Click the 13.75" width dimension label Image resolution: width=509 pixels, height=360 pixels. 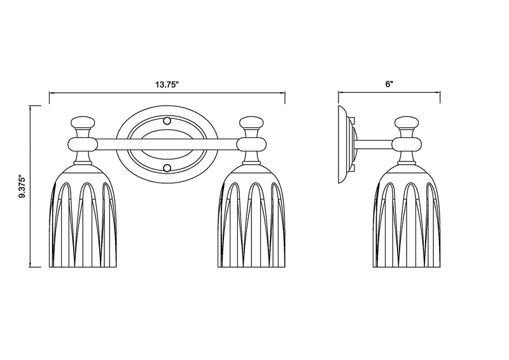(x=167, y=85)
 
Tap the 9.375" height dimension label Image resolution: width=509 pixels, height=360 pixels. (x=22, y=187)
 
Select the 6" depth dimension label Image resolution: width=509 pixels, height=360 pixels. (x=389, y=84)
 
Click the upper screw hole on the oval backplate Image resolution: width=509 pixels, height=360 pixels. (x=167, y=121)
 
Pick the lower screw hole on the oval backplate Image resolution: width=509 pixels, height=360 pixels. (x=167, y=168)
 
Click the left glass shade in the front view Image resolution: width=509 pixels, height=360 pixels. (x=83, y=216)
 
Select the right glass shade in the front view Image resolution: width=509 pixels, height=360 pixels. (x=251, y=216)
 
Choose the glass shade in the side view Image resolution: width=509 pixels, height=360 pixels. (x=407, y=216)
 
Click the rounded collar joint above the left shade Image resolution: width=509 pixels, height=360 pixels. (x=83, y=144)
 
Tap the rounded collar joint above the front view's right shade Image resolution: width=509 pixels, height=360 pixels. (x=251, y=144)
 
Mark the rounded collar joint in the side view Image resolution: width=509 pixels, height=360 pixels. (x=407, y=144)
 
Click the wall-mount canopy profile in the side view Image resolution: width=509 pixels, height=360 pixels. (x=345, y=144)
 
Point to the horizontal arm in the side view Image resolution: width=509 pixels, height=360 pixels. (x=374, y=144)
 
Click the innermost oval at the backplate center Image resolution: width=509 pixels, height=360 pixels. (x=167, y=144)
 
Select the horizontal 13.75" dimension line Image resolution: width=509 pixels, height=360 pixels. (x=167, y=93)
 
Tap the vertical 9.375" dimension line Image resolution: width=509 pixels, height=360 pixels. (x=30, y=186)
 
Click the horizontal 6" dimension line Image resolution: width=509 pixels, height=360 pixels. (x=389, y=93)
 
